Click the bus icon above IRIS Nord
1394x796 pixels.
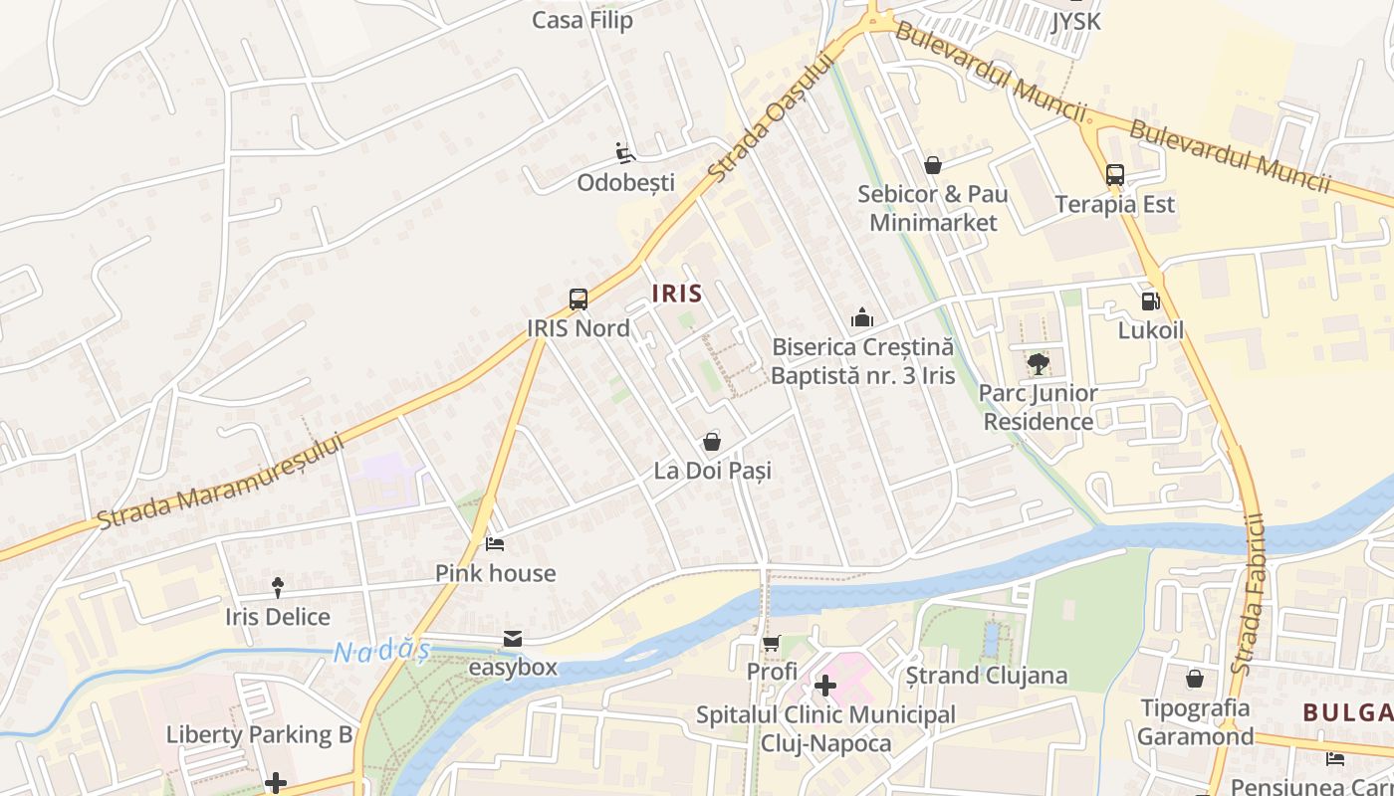click(578, 298)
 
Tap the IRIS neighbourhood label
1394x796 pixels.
click(677, 294)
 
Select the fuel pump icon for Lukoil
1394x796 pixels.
click(1150, 300)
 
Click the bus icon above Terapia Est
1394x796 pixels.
click(1114, 175)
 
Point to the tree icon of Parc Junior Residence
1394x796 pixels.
click(1038, 364)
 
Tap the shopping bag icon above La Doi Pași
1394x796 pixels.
click(712, 441)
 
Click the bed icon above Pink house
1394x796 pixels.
click(495, 544)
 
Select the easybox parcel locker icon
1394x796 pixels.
click(513, 638)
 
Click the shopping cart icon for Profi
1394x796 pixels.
click(772, 644)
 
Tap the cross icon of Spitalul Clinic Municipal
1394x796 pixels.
click(824, 686)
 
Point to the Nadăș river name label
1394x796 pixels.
click(381, 653)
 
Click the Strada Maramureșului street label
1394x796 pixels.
click(221, 482)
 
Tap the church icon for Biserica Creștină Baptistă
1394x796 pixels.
click(862, 318)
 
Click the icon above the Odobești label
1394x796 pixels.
click(625, 153)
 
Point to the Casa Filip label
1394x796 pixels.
click(582, 20)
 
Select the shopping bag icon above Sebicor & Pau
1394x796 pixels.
click(933, 165)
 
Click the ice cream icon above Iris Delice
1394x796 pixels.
click(277, 588)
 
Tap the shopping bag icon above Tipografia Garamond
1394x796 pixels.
click(1194, 679)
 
